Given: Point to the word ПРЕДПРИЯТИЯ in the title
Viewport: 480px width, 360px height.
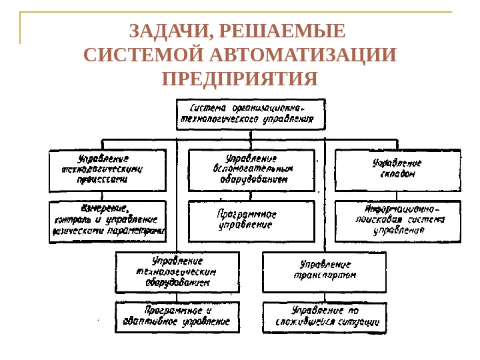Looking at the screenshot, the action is coord(240,79).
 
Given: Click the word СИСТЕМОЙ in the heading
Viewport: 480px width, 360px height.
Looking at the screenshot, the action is coord(144,55).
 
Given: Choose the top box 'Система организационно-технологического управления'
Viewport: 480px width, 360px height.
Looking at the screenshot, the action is coord(250,114).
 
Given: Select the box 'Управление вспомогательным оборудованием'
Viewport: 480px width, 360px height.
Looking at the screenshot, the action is coord(251,169).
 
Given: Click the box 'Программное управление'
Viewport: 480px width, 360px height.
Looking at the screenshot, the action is coord(251,220).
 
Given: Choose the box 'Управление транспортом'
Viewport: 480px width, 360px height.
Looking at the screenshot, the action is coord(325,271).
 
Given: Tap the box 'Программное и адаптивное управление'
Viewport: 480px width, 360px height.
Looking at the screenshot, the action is coord(177,316).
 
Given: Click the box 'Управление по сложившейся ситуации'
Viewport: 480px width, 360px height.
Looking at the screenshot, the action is coord(325,317).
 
